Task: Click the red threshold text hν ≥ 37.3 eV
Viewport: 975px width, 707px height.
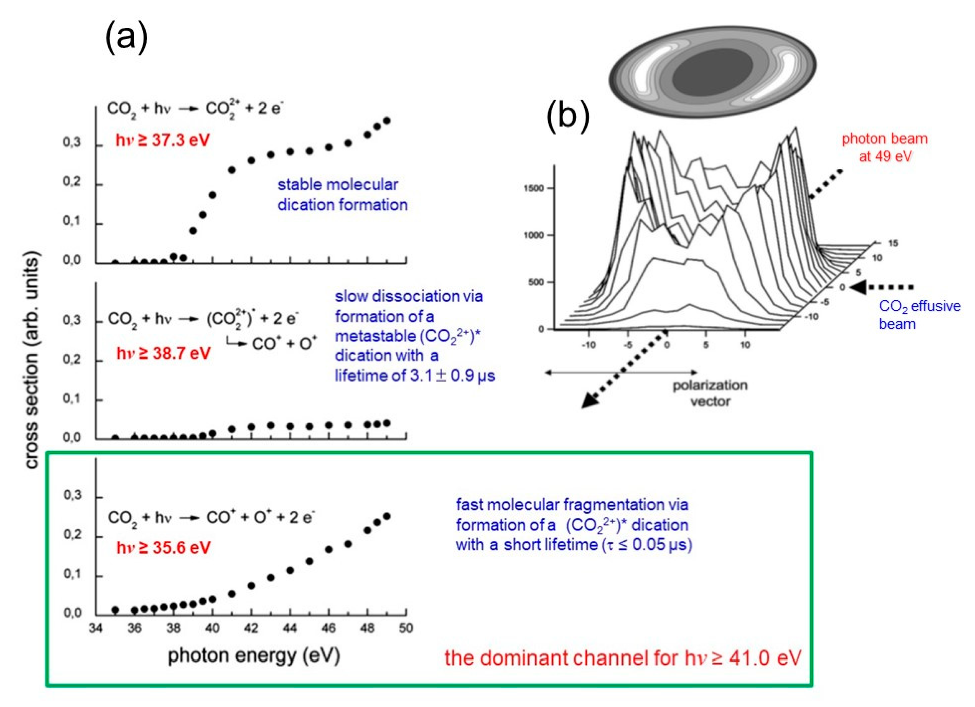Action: tap(163, 141)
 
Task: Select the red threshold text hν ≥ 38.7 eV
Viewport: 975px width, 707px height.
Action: tap(164, 353)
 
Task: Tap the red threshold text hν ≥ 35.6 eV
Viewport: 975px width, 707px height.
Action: tap(164, 548)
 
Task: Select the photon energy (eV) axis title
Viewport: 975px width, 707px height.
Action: tap(254, 656)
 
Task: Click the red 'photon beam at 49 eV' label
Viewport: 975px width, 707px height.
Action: tap(884, 147)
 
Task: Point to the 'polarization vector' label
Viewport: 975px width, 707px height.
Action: tap(710, 393)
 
